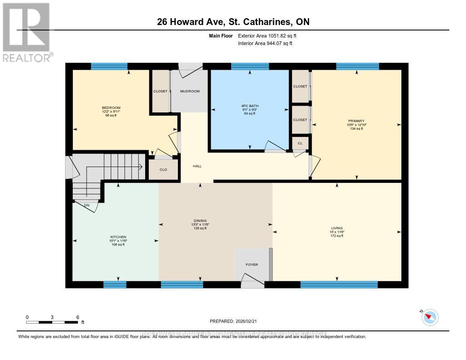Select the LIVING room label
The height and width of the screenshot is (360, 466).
pos(337,228)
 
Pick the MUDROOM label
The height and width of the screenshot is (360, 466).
pos(190,91)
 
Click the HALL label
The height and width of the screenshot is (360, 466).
pos(197,166)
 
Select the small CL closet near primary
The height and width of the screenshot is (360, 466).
pos(300,143)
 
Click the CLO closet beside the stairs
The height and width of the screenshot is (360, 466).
pos(163,170)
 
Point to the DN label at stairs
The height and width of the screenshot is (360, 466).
pos(86,205)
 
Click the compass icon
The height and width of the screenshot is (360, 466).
pos(430,317)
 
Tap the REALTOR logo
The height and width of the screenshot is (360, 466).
pos(27,32)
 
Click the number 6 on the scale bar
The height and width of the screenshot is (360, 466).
pos(78,317)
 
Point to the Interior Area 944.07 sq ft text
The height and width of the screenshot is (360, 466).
pos(265,44)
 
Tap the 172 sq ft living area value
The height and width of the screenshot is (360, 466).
pos(337,236)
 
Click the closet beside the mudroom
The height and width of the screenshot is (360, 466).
pos(160,91)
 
